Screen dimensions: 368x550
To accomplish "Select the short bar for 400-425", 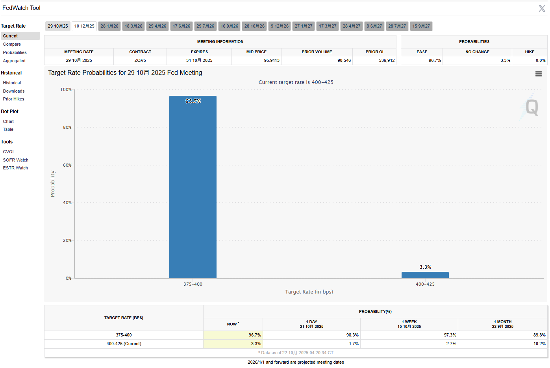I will tap(425, 275).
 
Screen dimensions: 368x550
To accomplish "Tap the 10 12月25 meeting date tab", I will tap(84, 26).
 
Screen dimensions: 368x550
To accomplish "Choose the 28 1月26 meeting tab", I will tap(109, 26).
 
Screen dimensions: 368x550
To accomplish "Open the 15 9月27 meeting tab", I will tap(421, 26).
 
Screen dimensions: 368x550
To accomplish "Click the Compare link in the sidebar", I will tap(12, 44).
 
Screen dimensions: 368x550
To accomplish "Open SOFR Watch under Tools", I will tap(16, 160).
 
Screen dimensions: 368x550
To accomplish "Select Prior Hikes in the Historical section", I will tap(14, 99).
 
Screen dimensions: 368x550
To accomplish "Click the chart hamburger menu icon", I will tap(538, 74).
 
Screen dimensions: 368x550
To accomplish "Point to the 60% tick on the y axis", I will tap(67, 165).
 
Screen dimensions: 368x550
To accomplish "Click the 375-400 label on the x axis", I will tap(193, 284).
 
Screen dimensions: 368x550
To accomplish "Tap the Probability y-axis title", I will tap(53, 184).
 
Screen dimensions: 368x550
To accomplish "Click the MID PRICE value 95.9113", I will tap(272, 60).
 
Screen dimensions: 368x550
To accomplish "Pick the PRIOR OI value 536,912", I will tap(387, 60).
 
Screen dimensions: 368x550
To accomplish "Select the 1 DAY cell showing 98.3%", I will tap(352, 335).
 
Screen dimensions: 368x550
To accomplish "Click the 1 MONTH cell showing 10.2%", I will tap(539, 344).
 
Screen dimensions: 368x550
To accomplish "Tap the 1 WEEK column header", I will tap(409, 324).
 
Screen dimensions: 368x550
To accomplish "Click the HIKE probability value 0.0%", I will tap(540, 60).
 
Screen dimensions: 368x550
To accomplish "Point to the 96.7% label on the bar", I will tap(193, 101).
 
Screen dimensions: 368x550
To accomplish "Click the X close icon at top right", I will tap(542, 8).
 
